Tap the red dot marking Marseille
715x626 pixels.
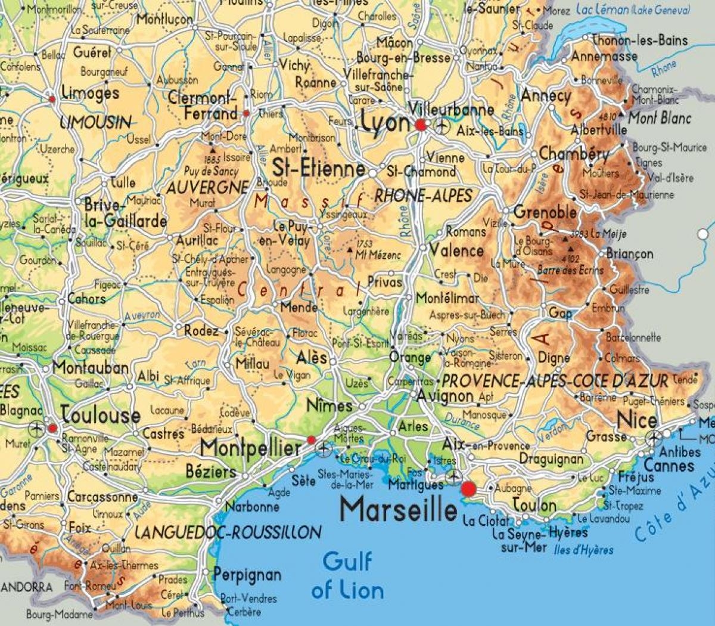(469, 489)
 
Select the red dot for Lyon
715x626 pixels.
(421, 125)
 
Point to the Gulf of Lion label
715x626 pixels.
(347, 575)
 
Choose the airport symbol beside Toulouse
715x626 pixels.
(36, 427)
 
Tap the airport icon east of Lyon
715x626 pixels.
(442, 126)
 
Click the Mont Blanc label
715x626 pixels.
(660, 118)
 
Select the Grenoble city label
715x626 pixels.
(545, 212)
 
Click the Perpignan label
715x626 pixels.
(247, 575)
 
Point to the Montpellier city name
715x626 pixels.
(250, 447)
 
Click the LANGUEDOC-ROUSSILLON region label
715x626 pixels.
(228, 532)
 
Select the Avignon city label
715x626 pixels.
(445, 395)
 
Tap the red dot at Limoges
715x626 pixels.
(52, 98)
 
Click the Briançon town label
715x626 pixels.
(630, 254)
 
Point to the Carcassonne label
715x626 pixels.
(102, 496)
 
